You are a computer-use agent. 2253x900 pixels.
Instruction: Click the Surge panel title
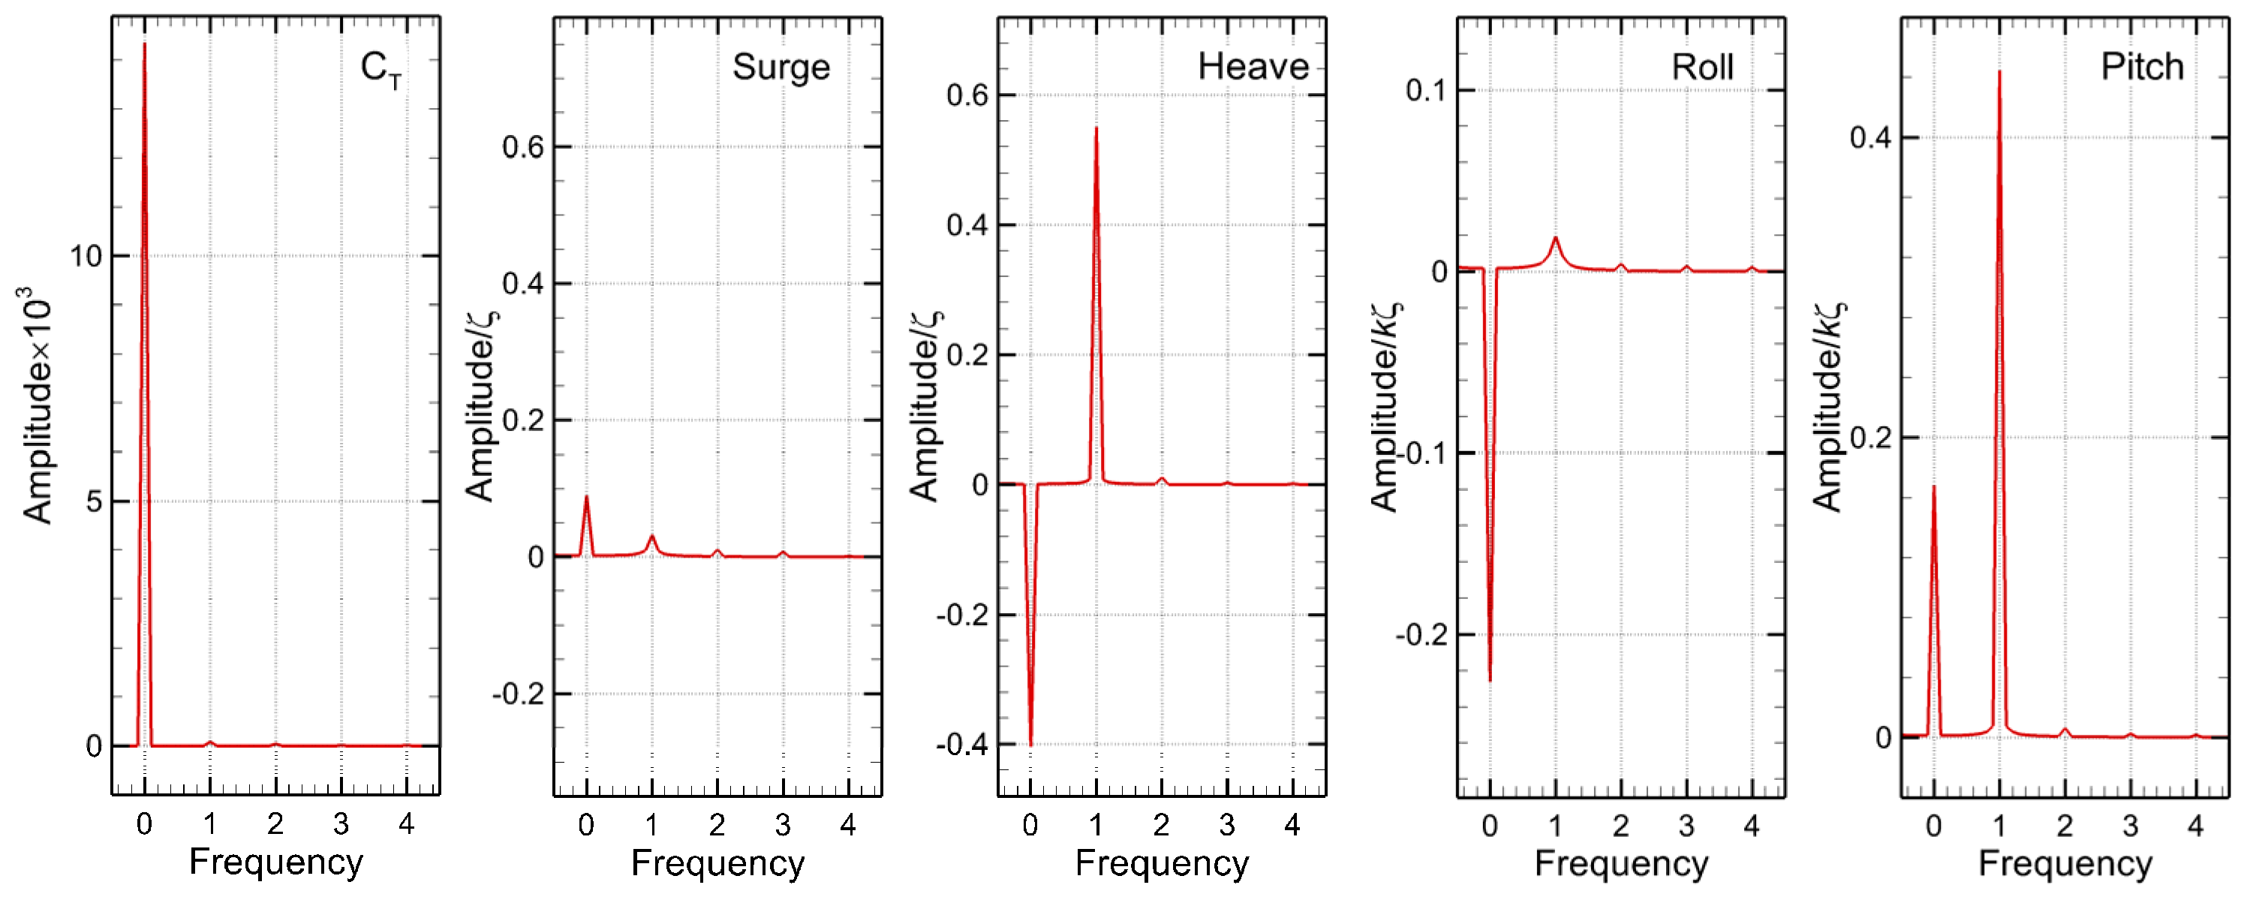point(781,68)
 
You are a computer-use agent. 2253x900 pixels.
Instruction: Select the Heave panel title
point(1253,67)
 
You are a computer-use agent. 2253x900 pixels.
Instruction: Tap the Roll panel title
point(1702,68)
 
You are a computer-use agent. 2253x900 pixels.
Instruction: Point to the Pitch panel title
point(2142,67)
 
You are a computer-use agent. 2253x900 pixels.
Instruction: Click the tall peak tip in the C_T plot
point(144,43)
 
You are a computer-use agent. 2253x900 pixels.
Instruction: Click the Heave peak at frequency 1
point(1096,128)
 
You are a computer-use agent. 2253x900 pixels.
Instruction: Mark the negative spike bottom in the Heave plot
point(1031,745)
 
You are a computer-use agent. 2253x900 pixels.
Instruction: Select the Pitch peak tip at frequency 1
point(1999,72)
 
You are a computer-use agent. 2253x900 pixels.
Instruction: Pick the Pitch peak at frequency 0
point(1934,487)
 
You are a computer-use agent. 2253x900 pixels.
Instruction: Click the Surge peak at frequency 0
point(586,497)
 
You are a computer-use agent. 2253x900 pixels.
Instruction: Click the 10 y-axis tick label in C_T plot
point(86,256)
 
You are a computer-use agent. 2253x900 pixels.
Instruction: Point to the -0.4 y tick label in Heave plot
point(962,745)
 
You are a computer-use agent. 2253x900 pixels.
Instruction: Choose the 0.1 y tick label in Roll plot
point(1426,90)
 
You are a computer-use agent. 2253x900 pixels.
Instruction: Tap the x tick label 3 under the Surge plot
point(783,825)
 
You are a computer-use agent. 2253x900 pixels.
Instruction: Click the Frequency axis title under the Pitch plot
point(2065,863)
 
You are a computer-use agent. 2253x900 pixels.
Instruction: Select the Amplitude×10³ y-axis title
point(38,404)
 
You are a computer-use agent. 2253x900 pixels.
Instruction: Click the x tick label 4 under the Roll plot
point(1752,826)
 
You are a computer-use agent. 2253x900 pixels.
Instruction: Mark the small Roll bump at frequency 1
point(1555,238)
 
